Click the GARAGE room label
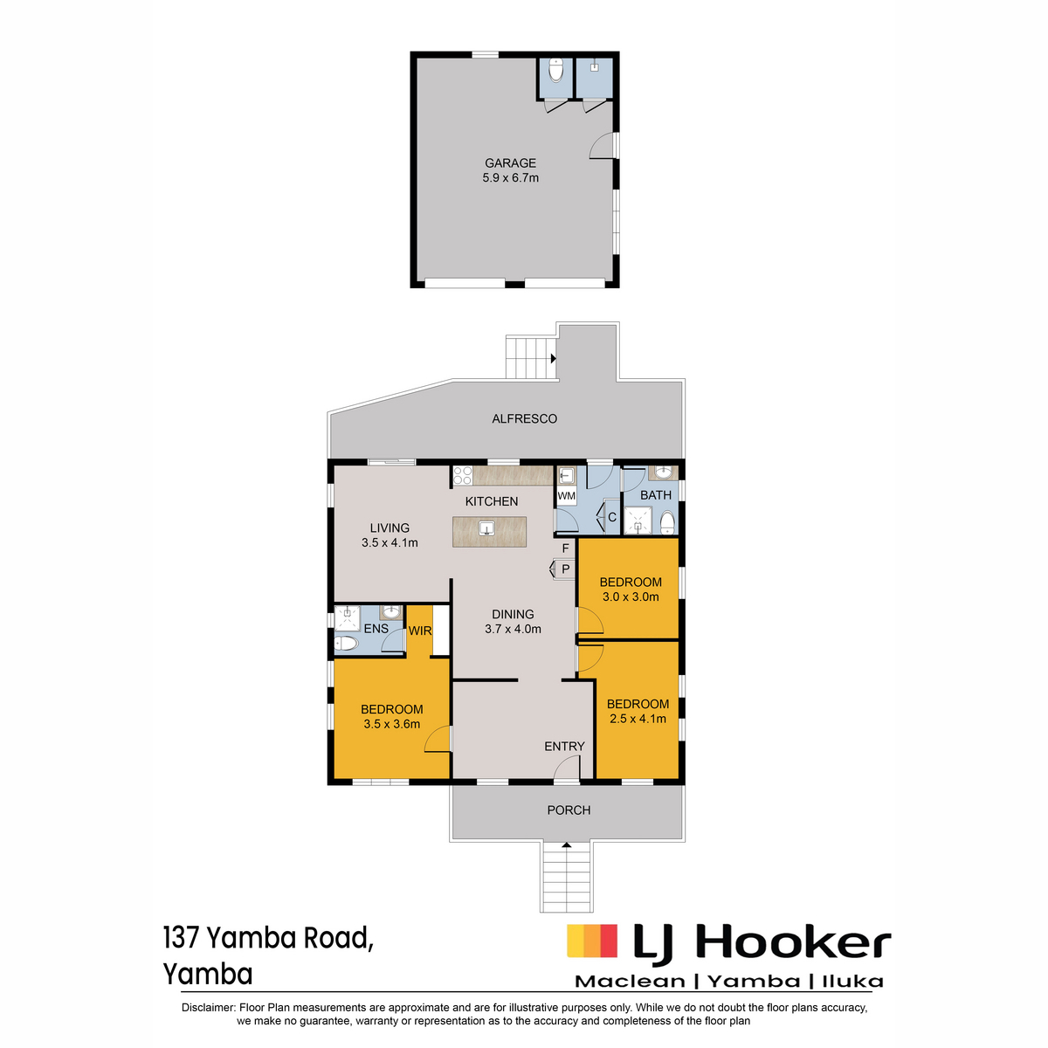click(509, 162)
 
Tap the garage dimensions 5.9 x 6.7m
click(509, 178)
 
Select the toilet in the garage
click(555, 71)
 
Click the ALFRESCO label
click(524, 418)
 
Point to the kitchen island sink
click(486, 527)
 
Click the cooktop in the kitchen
click(462, 475)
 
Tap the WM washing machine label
click(566, 495)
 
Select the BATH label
click(655, 495)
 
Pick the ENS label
click(376, 629)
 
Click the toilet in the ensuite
click(346, 645)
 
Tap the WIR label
click(419, 631)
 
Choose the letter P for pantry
click(566, 569)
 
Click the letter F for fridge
click(566, 548)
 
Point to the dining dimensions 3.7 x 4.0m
click(513, 629)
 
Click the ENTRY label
click(564, 746)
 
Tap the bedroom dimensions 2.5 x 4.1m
click(638, 719)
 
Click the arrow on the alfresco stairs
click(553, 358)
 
